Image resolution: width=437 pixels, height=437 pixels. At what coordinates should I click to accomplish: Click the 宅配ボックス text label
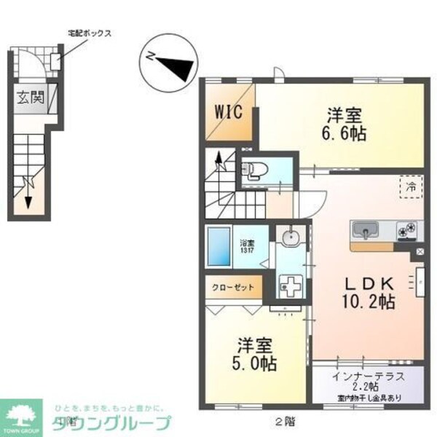point(89,34)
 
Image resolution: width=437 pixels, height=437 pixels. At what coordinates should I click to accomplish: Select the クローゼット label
point(233,286)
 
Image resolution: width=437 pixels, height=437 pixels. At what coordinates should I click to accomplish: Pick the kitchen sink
point(363,232)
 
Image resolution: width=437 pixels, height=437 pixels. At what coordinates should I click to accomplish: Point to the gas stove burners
point(407,232)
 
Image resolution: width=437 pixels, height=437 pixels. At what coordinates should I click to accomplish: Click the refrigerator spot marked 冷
point(412,187)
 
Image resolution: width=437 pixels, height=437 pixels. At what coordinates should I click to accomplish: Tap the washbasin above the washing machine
point(291,237)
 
